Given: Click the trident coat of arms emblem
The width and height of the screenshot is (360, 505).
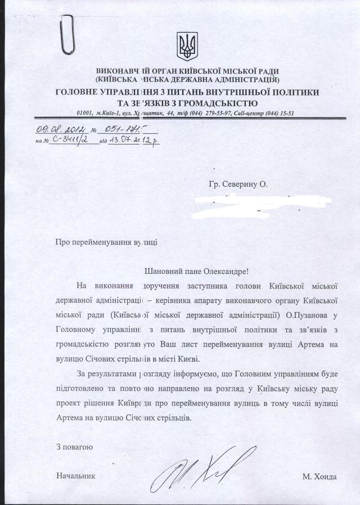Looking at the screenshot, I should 186,47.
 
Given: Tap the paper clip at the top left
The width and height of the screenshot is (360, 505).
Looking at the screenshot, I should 69,33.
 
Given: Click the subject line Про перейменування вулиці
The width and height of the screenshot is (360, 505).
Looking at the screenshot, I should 106,242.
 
